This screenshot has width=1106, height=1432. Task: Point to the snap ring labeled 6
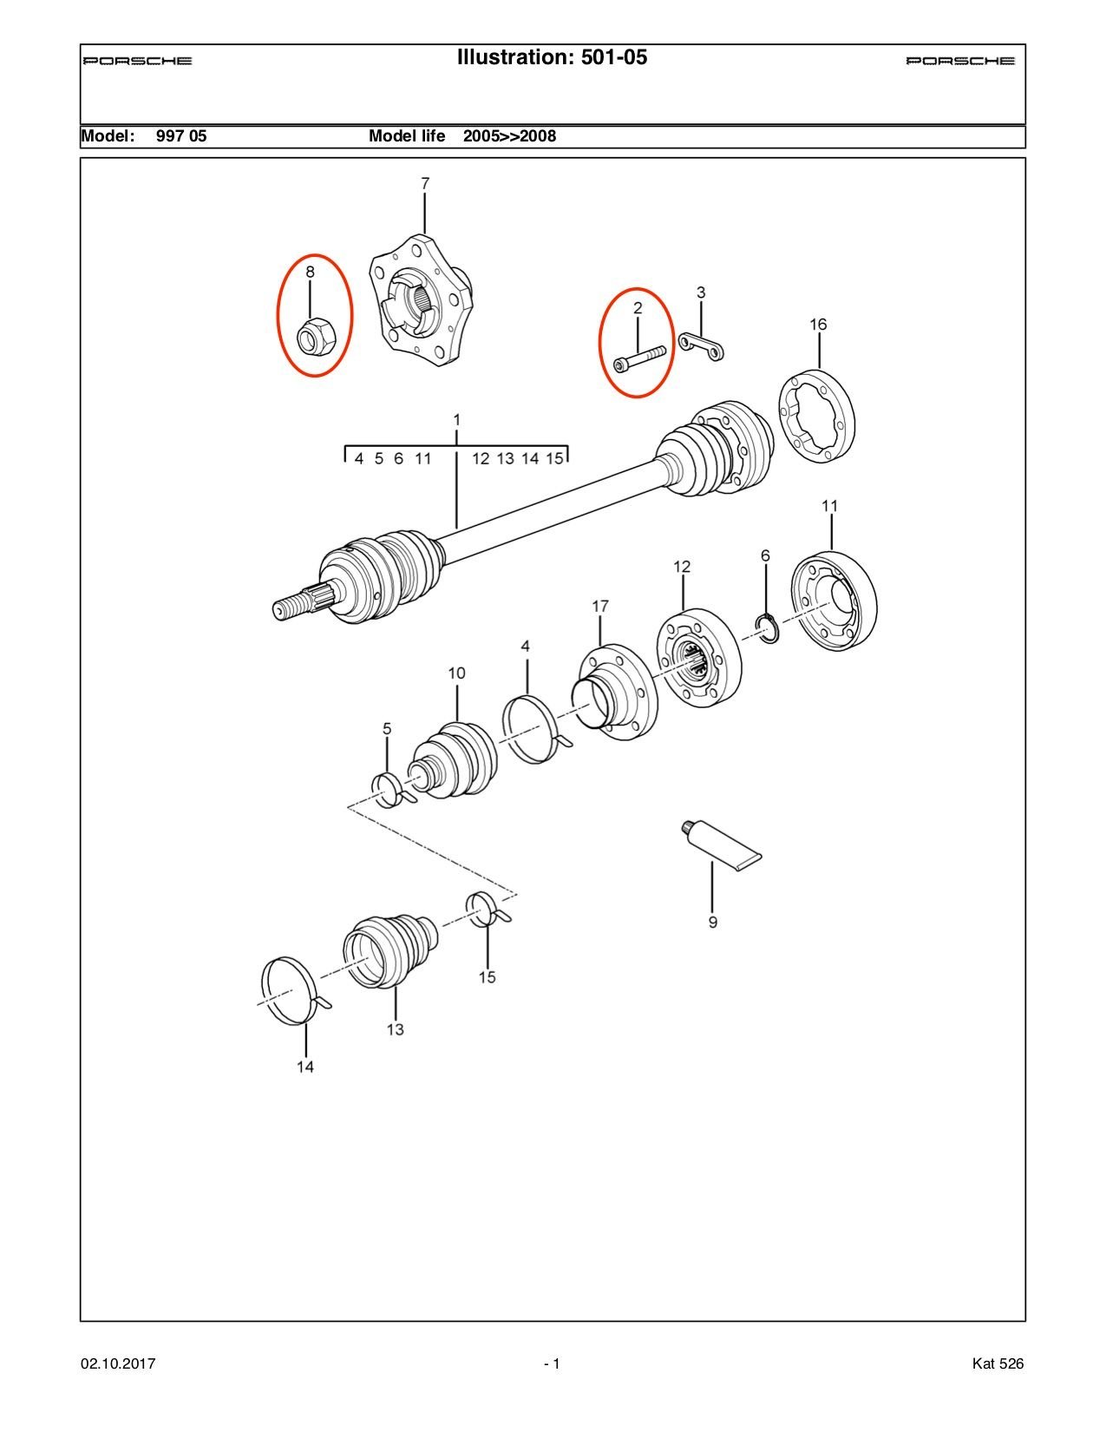(x=768, y=628)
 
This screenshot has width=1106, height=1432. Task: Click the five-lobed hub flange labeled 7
(x=420, y=298)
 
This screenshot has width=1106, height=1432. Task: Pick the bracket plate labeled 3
(x=702, y=346)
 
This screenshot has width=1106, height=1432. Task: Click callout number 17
(x=600, y=607)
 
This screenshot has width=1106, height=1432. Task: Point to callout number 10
(x=456, y=673)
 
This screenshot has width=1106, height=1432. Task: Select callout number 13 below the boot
(x=395, y=1029)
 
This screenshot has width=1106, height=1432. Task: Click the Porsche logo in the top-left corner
(x=138, y=61)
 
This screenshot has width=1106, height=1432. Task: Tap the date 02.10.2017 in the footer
(x=118, y=1363)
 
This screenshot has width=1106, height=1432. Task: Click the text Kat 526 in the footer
(x=998, y=1363)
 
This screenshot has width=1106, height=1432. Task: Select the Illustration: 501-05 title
(x=552, y=57)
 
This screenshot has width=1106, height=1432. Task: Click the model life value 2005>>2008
(x=509, y=136)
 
